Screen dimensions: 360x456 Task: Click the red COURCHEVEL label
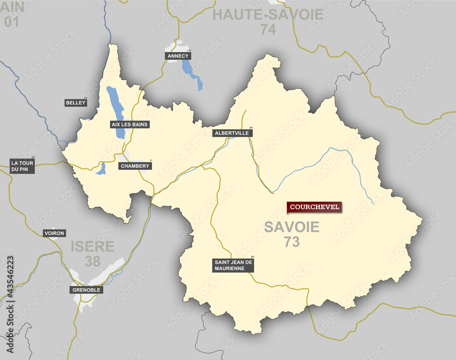click(314, 207)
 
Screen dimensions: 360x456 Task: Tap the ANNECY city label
click(178, 56)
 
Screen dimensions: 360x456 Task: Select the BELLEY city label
click(76, 103)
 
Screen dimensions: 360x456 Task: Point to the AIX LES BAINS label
click(130, 124)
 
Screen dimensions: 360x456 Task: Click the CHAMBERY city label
click(135, 166)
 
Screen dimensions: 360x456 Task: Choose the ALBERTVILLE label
click(233, 134)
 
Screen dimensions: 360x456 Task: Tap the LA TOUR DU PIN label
click(22, 166)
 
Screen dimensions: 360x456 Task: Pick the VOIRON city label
click(54, 233)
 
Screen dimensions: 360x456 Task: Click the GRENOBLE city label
click(86, 290)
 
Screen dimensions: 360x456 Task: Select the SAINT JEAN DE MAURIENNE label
click(233, 265)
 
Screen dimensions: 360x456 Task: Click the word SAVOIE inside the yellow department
click(292, 227)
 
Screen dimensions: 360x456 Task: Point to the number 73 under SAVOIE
click(292, 242)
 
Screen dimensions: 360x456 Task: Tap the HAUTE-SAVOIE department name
click(268, 15)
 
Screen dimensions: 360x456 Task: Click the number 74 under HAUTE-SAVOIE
click(268, 29)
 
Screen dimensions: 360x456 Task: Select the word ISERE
click(93, 247)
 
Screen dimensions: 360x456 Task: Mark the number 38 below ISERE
click(93, 261)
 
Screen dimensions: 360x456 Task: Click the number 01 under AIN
click(12, 21)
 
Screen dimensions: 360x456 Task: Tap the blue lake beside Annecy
click(188, 68)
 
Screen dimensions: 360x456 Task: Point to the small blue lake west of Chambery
click(101, 169)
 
